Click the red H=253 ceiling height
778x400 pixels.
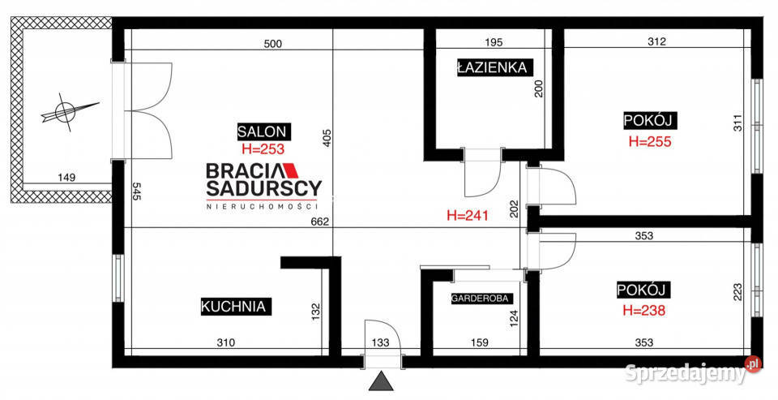(x=263, y=148)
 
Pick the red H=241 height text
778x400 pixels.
(x=468, y=215)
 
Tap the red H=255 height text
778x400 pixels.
(x=650, y=142)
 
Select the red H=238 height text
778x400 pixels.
(x=644, y=311)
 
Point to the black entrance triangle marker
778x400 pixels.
(x=382, y=381)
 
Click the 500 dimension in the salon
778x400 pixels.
(x=272, y=44)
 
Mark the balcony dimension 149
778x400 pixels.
(x=66, y=177)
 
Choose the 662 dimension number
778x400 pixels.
(x=320, y=222)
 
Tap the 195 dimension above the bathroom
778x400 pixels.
(x=494, y=42)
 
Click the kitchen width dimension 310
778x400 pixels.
(x=226, y=342)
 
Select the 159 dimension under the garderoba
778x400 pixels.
(x=479, y=342)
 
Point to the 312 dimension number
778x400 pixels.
(x=656, y=42)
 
